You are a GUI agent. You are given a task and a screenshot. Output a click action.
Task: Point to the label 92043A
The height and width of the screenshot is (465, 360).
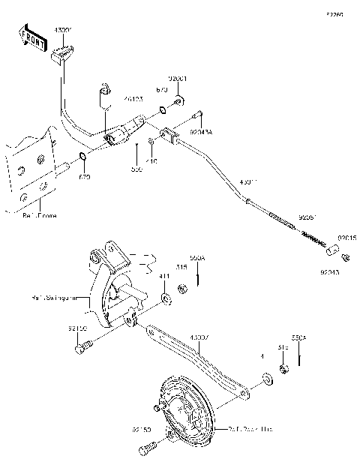point(201,132)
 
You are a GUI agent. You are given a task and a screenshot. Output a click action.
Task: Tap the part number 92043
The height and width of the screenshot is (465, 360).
point(330,273)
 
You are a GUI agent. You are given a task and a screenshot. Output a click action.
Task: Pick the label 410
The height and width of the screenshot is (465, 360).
point(151,160)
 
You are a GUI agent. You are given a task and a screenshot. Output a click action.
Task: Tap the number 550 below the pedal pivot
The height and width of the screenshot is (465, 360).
point(136,170)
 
